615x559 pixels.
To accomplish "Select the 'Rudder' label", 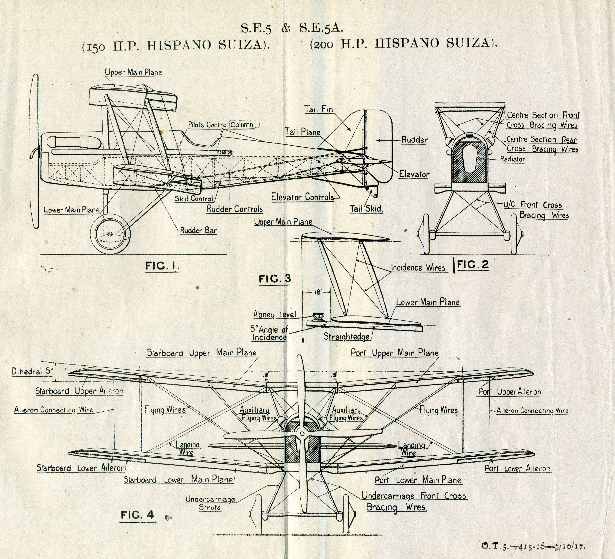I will (414, 140).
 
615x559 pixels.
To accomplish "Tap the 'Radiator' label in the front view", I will (513, 159).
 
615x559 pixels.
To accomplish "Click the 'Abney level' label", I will (275, 314).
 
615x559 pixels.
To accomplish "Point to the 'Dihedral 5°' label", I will (32, 372).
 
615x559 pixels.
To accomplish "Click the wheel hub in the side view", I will (110, 234).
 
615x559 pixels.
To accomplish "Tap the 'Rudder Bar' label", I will (198, 230).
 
